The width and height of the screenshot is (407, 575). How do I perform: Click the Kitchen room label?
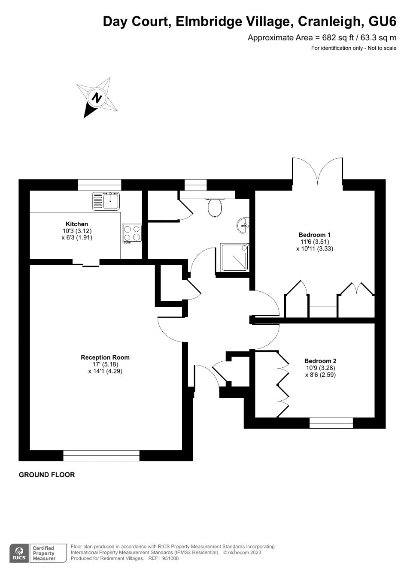coord(77,224)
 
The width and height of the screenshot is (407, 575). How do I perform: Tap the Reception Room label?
coord(105,357)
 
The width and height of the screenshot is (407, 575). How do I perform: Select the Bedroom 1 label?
coord(315,235)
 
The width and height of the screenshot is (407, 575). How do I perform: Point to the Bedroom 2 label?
coord(320,361)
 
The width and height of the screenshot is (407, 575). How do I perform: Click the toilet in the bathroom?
coord(215,208)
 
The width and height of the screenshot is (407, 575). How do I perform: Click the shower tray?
coord(234,257)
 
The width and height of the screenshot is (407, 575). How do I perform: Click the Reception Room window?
coord(101,455)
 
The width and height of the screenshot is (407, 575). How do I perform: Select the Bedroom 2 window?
coord(331,423)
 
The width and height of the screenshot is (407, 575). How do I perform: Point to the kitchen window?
coord(100,185)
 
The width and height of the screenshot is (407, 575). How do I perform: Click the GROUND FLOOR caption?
coord(47,475)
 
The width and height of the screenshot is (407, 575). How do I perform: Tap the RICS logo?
coord(19,553)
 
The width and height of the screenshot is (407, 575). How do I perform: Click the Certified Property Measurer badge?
coord(44,553)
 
